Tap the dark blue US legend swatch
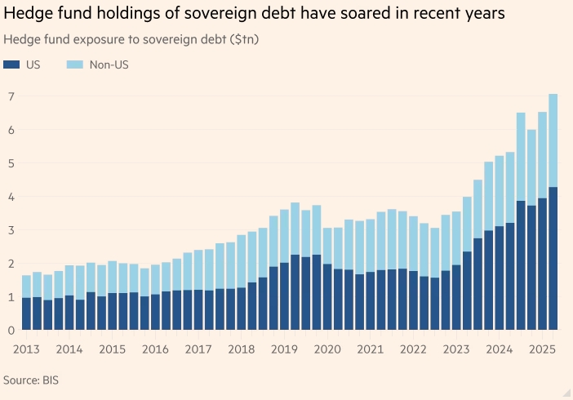[11, 64]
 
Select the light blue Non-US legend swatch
[74, 64]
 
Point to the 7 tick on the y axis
[11, 96]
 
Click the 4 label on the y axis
[11, 197]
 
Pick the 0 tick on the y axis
[11, 330]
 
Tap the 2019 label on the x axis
[285, 349]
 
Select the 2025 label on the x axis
[542, 349]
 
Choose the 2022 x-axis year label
[413, 349]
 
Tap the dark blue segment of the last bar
[553, 258]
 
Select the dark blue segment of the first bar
[27, 313]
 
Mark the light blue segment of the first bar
[27, 287]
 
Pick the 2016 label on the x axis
[156, 349]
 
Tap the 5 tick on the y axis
[11, 163]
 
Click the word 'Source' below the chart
[23, 380]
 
